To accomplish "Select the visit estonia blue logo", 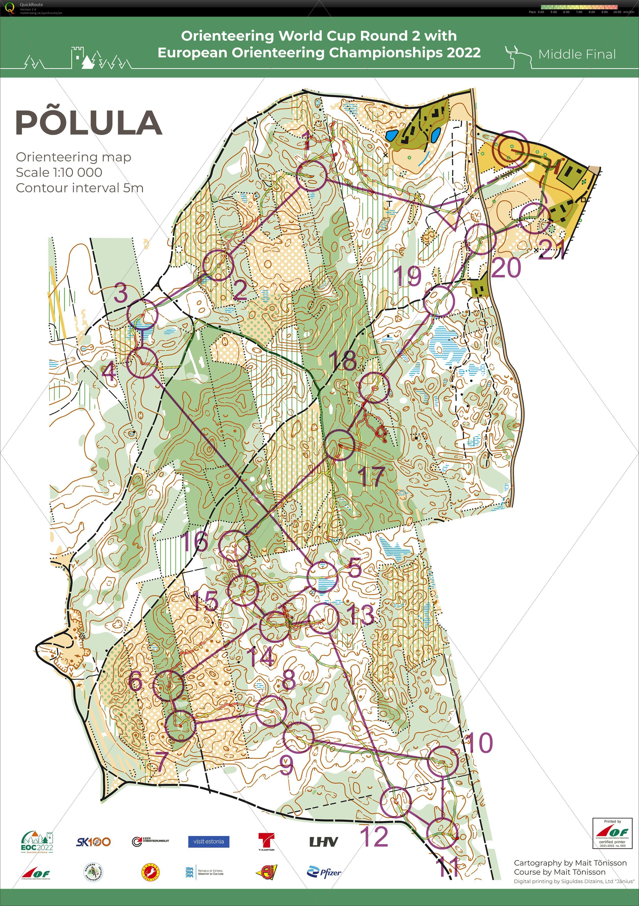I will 209,841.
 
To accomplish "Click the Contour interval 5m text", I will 79,188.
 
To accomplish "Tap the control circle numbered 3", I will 143,314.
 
